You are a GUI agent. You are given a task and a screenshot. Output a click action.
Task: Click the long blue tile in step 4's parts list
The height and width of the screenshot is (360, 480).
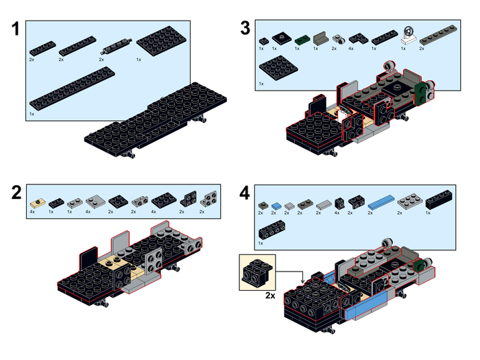[381, 204]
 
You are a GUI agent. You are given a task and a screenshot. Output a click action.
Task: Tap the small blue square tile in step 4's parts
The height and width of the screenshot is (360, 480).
[276, 205]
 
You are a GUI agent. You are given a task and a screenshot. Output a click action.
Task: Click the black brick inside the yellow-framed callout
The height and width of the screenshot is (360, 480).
[256, 272]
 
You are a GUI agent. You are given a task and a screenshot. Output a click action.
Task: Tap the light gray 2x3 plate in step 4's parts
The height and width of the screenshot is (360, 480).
[408, 201]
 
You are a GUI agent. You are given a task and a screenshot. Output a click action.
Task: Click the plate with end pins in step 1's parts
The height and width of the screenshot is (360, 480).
[115, 47]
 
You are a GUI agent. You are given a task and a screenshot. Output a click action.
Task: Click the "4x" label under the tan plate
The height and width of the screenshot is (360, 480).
[32, 213]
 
